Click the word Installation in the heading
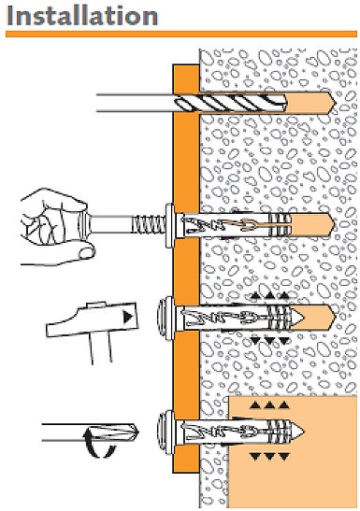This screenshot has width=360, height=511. coord(82,16)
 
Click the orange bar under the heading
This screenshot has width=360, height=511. coord(181,34)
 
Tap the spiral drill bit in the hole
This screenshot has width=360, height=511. coord(231,103)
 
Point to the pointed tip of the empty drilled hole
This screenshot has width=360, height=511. coord(335,104)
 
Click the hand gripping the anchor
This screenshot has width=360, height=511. coord(54,227)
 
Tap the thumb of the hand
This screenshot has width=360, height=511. coord(86,253)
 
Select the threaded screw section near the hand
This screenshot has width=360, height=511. coord(149,224)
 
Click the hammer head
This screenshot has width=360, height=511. coord(93,319)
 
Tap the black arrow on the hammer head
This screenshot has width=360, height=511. coord(128,317)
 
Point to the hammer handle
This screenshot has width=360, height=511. coord(101,348)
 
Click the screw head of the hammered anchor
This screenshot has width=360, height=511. coord(166,318)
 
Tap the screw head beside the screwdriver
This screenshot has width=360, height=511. coord(166,433)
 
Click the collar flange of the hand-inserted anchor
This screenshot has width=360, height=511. coord(170,225)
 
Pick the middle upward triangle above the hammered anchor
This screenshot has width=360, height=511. coord(269,296)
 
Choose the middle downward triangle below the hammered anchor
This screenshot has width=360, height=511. coord(269,341)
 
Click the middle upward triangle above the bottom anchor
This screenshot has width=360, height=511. coord(269,405)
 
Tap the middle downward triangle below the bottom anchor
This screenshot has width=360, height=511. coord(269,456)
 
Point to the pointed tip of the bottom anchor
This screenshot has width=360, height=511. coord(304,432)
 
